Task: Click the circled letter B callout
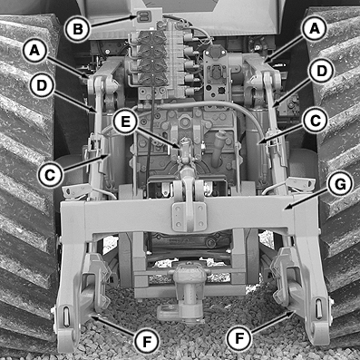78,30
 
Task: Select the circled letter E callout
125,122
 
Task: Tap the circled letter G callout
340,185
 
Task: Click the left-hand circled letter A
35,51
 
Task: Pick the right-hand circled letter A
315,28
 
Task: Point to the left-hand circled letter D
42,86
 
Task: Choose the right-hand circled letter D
321,72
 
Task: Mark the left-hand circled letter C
50,175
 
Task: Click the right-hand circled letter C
315,122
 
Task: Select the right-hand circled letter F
239,338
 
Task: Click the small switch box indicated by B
143,17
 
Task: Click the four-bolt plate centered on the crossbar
190,217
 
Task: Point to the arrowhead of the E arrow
180,147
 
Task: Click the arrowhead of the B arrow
137,17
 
